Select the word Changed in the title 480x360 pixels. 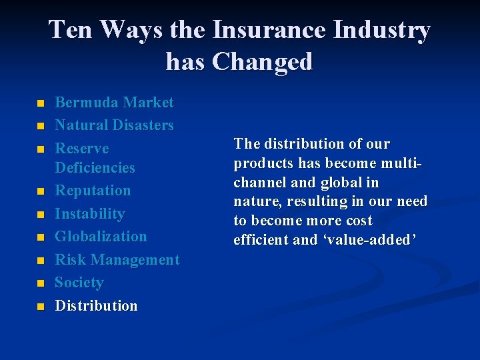click(x=262, y=61)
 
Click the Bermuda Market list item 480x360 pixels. click(x=114, y=103)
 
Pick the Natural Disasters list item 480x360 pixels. click(x=114, y=125)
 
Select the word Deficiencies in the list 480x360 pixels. click(x=95, y=168)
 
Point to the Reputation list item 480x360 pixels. click(x=93, y=191)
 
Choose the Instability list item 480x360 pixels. click(x=89, y=214)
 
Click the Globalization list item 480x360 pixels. click(x=101, y=237)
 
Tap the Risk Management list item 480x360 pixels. click(x=117, y=260)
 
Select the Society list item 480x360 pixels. click(x=79, y=283)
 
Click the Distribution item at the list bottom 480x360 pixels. click(x=96, y=306)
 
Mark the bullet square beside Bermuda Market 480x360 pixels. click(x=40, y=104)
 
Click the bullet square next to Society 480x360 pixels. click(x=40, y=284)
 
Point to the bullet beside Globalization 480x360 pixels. click(x=40, y=238)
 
